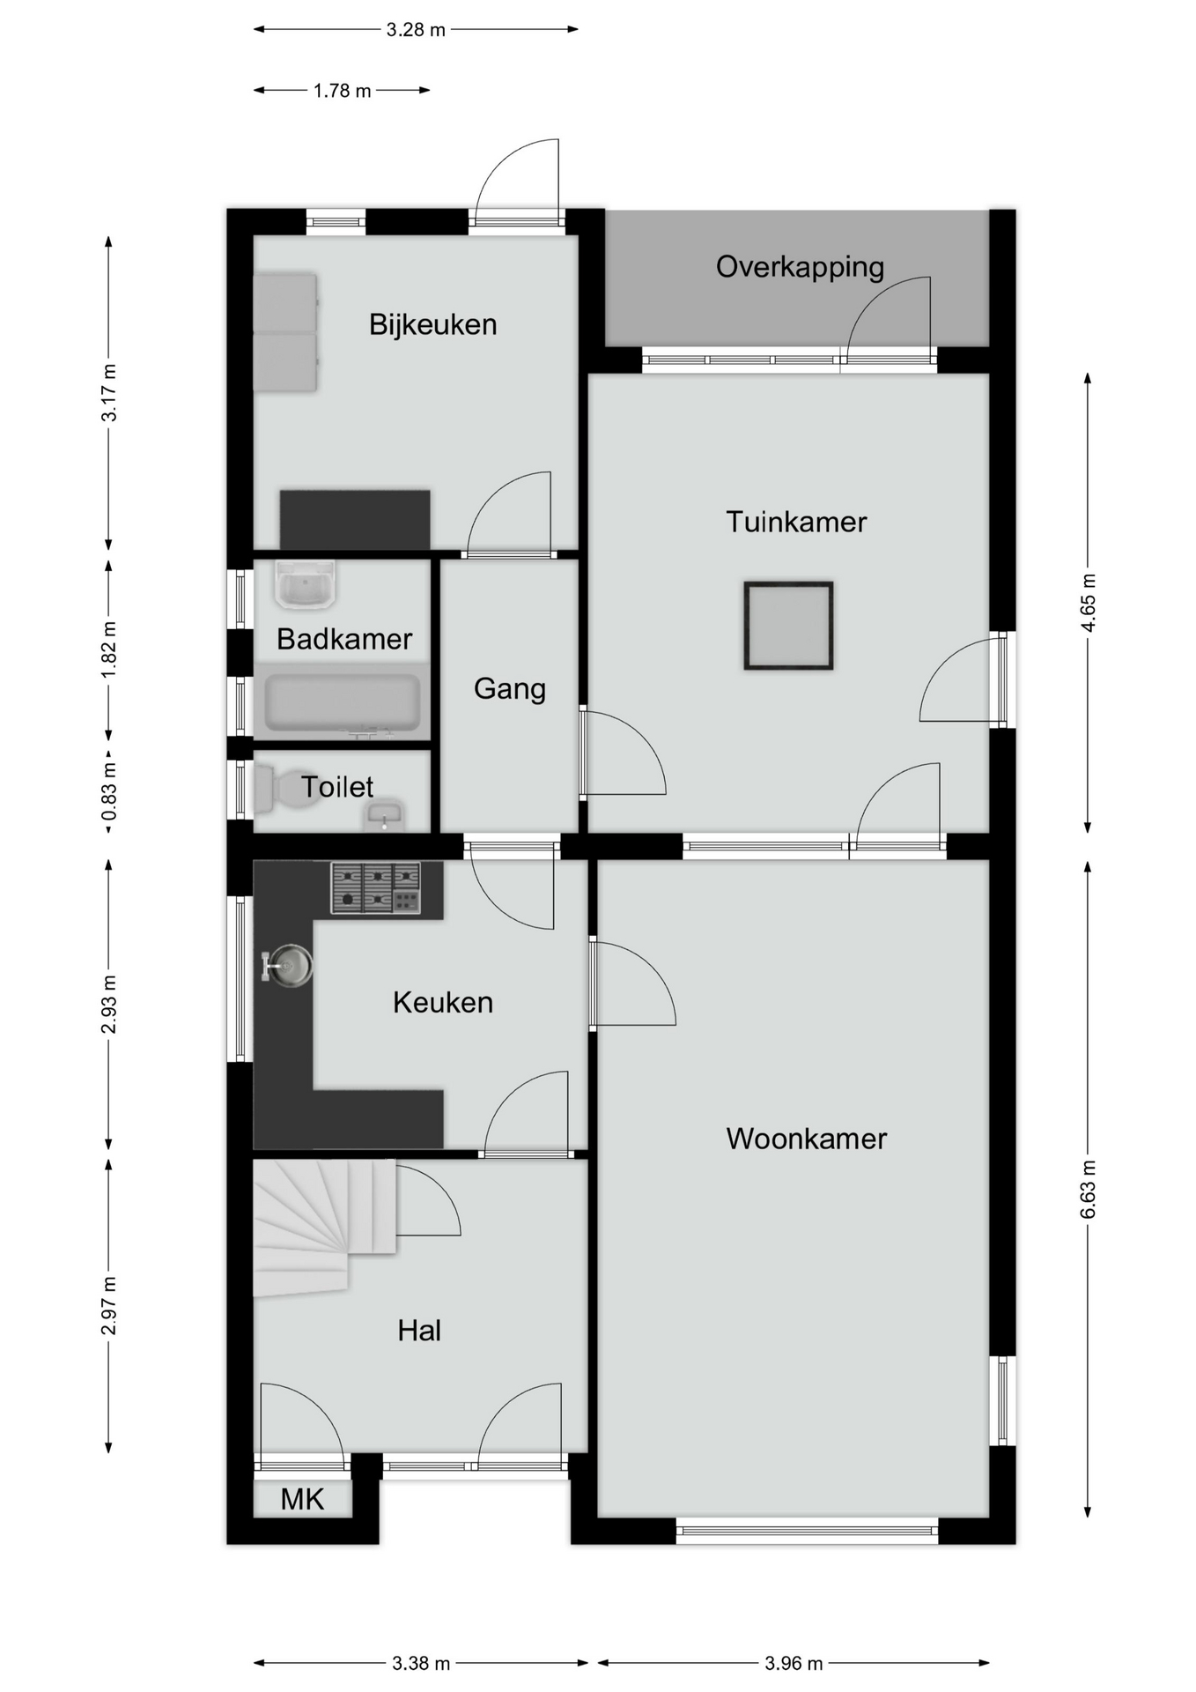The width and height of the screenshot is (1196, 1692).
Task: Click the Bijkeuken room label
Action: (432, 325)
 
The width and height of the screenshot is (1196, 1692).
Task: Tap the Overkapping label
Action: (800, 267)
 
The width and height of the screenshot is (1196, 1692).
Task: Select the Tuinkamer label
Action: (796, 522)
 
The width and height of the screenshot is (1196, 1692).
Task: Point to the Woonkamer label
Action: (806, 1139)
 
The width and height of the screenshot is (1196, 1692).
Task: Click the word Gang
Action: (510, 689)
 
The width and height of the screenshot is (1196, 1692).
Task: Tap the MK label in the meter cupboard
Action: (302, 1499)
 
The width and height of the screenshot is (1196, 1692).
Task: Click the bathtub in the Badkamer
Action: (343, 703)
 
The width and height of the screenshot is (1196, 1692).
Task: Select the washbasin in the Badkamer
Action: (305, 584)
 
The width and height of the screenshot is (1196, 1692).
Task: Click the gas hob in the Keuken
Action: (376, 888)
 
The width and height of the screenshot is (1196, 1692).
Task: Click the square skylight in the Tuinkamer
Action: (788, 626)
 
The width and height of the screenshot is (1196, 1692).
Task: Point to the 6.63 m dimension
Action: (1089, 1189)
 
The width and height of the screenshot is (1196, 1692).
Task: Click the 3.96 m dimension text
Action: (794, 1663)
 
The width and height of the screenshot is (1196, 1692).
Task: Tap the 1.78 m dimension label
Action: (343, 91)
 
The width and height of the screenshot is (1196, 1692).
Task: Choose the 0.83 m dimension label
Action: (109, 790)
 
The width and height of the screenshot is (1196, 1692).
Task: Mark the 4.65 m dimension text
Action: (1089, 603)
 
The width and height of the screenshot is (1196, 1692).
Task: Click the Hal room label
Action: (419, 1331)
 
